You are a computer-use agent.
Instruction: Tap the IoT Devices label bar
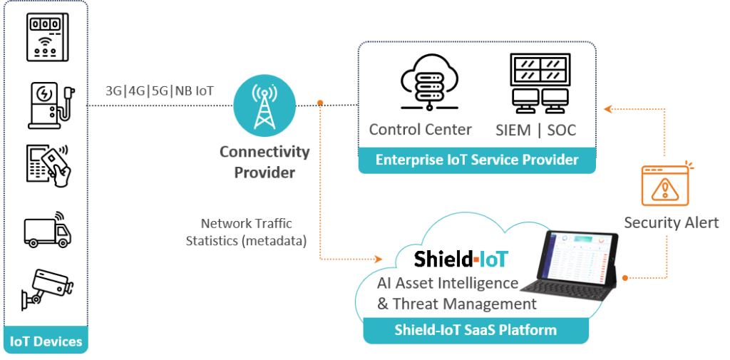46,341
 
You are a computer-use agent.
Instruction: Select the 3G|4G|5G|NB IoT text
160,91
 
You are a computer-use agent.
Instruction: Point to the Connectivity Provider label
264,162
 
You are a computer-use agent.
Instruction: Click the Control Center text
421,130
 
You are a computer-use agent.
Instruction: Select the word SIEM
512,130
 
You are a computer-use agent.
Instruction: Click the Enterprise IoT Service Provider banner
477,160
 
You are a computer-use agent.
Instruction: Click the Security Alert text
671,222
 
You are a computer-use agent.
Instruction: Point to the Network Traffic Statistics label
246,232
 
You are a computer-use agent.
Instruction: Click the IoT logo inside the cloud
492,258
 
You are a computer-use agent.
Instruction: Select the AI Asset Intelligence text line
447,283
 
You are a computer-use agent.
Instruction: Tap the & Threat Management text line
456,304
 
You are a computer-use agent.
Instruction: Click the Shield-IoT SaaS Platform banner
475,330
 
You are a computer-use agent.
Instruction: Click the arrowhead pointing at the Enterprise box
607,109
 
